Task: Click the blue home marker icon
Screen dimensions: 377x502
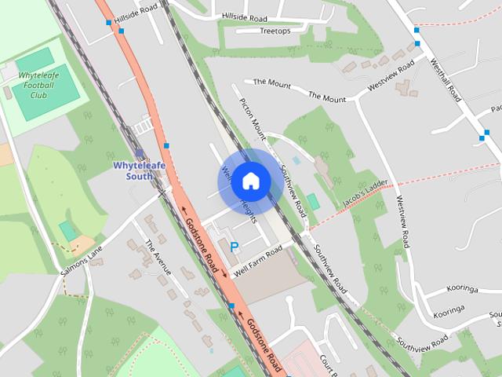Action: click(250, 181)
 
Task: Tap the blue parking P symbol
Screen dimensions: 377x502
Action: click(234, 247)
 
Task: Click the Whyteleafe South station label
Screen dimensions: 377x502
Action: click(139, 171)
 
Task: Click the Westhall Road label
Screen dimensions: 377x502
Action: click(446, 82)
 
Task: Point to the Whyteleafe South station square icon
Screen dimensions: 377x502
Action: click(140, 154)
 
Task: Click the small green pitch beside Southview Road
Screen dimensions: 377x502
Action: click(313, 202)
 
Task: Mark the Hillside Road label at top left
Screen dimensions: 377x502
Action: click(141, 16)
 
